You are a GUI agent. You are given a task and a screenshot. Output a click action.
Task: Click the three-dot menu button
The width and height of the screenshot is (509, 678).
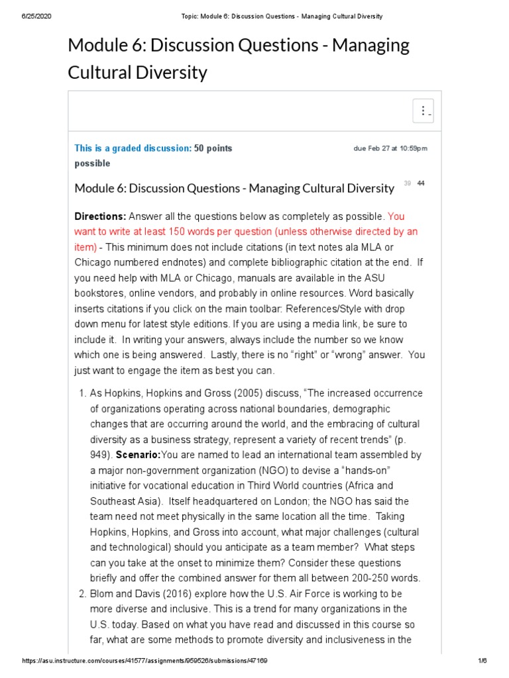[x=423, y=111]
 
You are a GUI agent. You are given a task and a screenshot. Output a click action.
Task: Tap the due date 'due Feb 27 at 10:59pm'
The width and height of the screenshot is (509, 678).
[x=390, y=148]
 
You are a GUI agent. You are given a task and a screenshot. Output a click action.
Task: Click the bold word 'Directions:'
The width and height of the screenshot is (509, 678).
[x=100, y=217]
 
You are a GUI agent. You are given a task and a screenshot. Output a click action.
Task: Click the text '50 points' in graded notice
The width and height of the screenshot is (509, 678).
[x=213, y=148]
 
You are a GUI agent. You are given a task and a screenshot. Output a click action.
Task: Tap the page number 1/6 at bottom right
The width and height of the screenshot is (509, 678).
[x=482, y=661]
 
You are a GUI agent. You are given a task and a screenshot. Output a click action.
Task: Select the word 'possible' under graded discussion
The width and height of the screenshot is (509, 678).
[x=92, y=164]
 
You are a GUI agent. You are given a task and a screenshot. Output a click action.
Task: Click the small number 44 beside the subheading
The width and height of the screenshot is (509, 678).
[x=421, y=183]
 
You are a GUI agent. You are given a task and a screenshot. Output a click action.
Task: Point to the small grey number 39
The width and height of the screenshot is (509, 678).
[x=407, y=183]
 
